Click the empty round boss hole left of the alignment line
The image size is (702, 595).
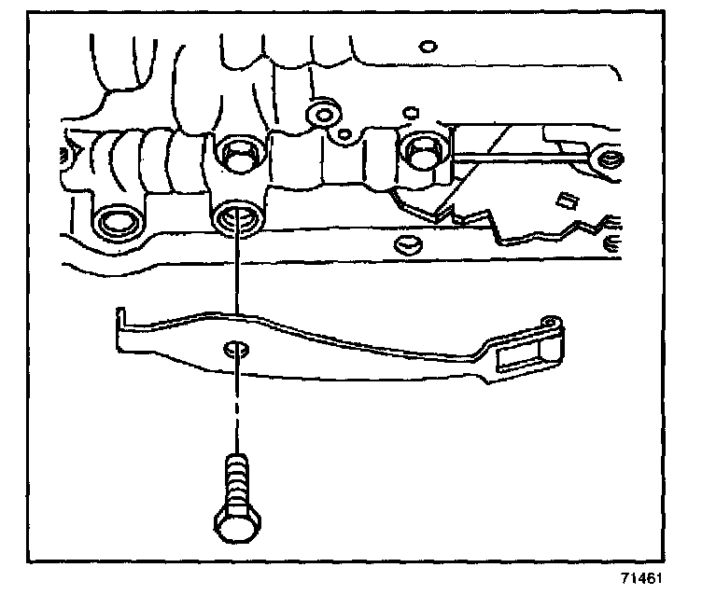tap(117, 223)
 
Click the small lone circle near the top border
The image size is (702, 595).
tap(428, 45)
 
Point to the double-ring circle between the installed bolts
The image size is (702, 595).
tap(324, 115)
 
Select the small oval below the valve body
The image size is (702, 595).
tap(406, 244)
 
